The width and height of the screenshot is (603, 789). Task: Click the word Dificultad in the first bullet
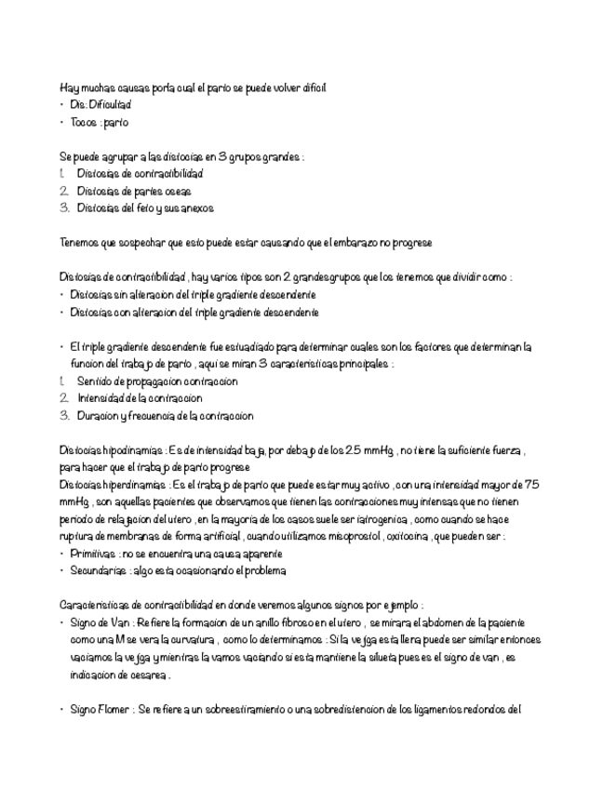(111, 105)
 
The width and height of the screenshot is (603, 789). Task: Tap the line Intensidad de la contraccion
(140, 398)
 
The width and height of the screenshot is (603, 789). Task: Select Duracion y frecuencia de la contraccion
(165, 416)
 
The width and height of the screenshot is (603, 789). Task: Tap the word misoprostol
(336, 537)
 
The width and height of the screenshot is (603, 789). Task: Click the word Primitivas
(90, 555)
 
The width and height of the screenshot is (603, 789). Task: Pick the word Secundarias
(96, 571)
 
